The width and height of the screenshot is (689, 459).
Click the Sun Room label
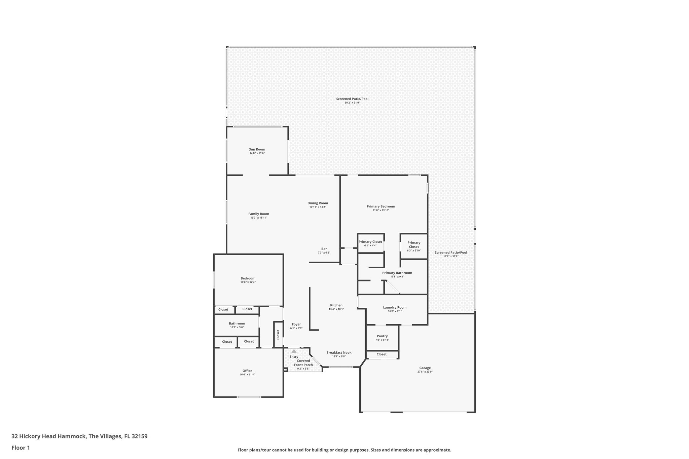(257, 149)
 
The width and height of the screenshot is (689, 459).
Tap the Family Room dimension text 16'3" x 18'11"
(259, 218)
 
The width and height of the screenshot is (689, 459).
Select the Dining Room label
(318, 203)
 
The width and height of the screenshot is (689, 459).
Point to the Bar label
(324, 249)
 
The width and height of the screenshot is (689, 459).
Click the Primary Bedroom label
(381, 206)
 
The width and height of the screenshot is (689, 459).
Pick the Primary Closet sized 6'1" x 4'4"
(370, 242)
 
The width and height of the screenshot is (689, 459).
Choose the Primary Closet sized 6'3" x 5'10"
(414, 245)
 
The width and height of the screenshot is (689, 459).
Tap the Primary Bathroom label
(397, 273)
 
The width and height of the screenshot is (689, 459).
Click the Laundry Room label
(395, 307)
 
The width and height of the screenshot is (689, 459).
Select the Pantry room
(382, 336)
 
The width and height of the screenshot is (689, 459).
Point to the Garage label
(425, 368)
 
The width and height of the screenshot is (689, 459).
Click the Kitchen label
(336, 305)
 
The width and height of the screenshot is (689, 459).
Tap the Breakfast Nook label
(339, 352)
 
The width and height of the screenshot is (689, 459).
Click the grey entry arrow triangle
(294, 351)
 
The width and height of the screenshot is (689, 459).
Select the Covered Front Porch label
(303, 363)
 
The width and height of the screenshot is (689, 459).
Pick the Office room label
(247, 371)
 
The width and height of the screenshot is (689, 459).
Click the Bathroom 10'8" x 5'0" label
(237, 323)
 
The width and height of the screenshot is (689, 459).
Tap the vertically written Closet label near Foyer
(278, 334)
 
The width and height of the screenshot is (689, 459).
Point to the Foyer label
(296, 324)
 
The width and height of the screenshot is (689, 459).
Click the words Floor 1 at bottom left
(21, 448)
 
